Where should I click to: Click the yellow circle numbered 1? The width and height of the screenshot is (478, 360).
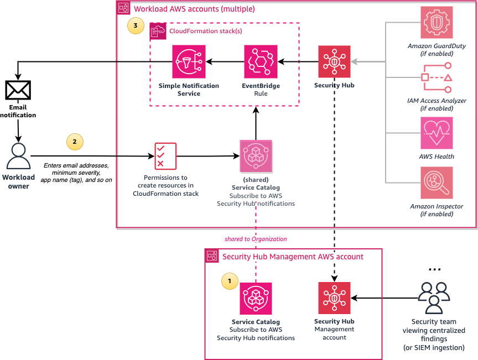tap(230, 281)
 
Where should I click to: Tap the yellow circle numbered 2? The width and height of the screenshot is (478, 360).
tap(75, 142)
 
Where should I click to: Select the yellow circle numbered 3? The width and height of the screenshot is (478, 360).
tap(136, 25)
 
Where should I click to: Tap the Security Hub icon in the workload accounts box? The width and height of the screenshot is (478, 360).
tap(334, 61)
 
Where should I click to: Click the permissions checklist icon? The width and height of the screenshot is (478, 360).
tap(165, 156)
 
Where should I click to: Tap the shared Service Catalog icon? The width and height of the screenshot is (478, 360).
tap(256, 156)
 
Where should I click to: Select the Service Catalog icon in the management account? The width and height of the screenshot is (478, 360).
tap(256, 299)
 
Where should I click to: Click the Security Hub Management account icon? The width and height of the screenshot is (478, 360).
tap(334, 298)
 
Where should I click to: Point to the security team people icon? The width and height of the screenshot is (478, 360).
tap(434, 298)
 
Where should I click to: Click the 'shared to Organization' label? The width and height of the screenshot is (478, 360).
tap(256, 239)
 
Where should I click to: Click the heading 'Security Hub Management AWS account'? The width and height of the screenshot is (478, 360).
tap(293, 257)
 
